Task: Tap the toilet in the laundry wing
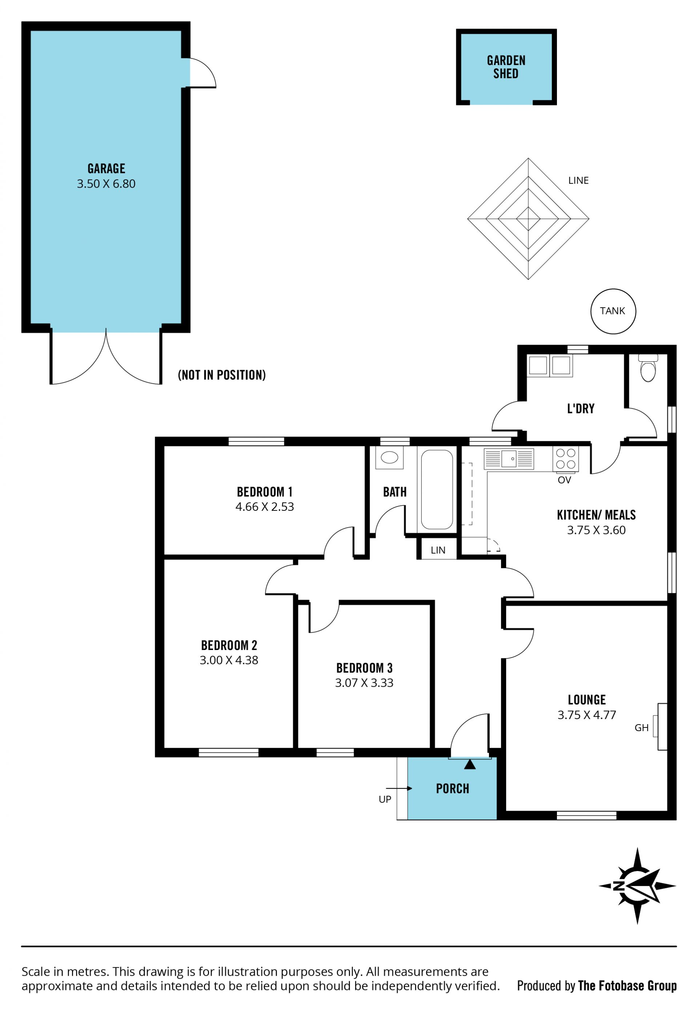pyautogui.click(x=648, y=368)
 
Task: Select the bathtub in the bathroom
pyautogui.click(x=437, y=489)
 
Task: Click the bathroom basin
pyautogui.click(x=389, y=457)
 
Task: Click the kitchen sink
pyautogui.click(x=509, y=459)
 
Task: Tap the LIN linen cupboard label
pyautogui.click(x=438, y=550)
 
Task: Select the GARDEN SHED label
pyautogui.click(x=506, y=67)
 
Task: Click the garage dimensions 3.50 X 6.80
pyautogui.click(x=106, y=184)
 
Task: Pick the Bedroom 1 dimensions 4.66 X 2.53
pyautogui.click(x=265, y=507)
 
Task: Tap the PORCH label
pyautogui.click(x=453, y=789)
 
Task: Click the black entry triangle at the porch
pyautogui.click(x=470, y=765)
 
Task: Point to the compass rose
pyautogui.click(x=637, y=886)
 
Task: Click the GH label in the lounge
pyautogui.click(x=642, y=728)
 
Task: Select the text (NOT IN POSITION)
pyautogui.click(x=222, y=375)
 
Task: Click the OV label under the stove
pyautogui.click(x=564, y=480)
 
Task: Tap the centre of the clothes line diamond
pyautogui.click(x=528, y=218)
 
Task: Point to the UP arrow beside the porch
pyautogui.click(x=399, y=789)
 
